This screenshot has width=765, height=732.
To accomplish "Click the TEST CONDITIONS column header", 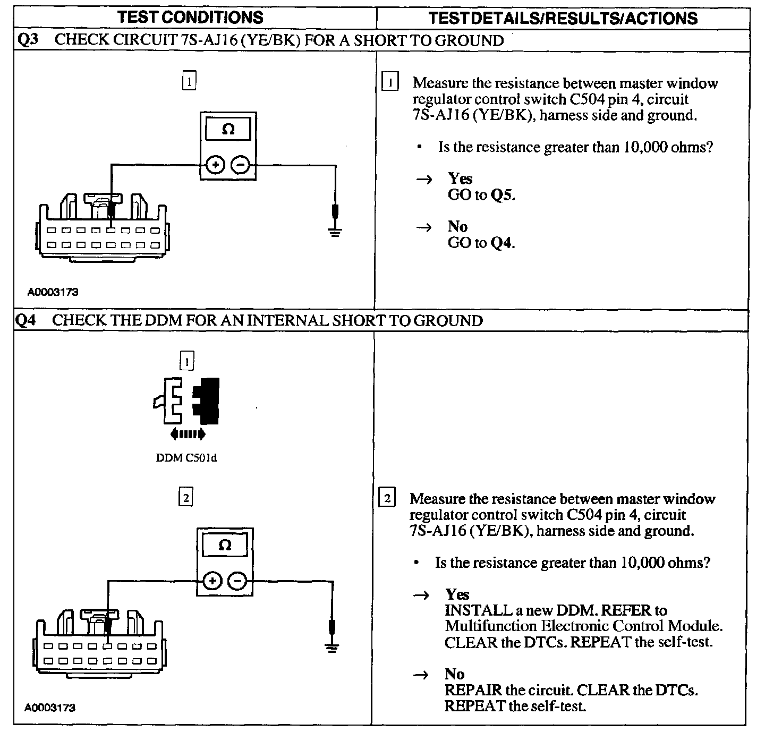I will [x=190, y=17].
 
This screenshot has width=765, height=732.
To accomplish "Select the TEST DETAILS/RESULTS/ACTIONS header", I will [x=563, y=18].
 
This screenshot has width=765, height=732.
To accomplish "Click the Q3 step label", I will [x=27, y=40].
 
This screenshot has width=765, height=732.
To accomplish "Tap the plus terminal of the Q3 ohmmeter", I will [x=215, y=165].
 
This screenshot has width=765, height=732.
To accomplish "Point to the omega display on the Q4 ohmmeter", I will [x=225, y=546].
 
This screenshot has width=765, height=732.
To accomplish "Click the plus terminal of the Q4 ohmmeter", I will [x=212, y=581].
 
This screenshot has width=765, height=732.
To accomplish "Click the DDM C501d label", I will [x=186, y=458].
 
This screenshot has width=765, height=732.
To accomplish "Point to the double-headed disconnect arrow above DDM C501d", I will [x=188, y=435].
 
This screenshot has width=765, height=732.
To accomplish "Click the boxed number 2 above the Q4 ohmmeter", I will [x=185, y=498].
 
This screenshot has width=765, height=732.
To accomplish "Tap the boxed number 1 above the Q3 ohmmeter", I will [x=189, y=81].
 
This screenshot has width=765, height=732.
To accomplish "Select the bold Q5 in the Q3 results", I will [x=502, y=195].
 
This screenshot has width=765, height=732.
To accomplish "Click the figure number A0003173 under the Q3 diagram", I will [x=53, y=292].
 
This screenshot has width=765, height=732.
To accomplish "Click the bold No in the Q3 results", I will [x=457, y=226].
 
